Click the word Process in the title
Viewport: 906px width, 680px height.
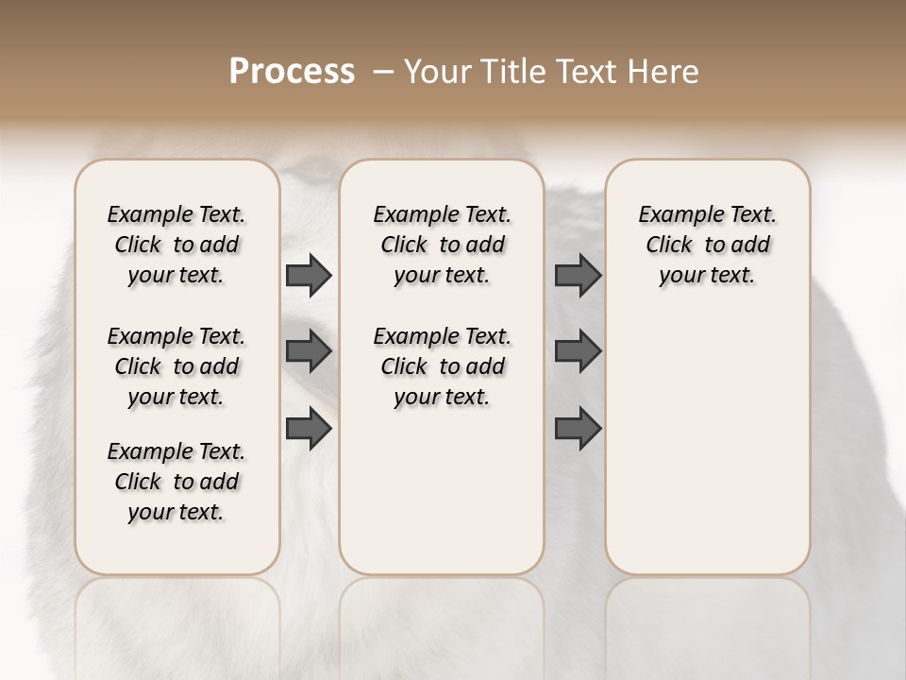point(292,72)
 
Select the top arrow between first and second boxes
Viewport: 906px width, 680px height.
point(309,275)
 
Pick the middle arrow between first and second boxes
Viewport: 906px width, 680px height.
point(309,351)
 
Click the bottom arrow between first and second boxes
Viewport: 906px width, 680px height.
point(309,429)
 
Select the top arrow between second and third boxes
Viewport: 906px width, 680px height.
point(578,275)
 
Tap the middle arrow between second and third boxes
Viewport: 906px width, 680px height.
point(578,351)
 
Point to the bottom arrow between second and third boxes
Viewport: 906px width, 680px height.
point(578,429)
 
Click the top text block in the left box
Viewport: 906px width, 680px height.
point(176,245)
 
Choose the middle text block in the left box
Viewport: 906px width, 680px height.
point(176,366)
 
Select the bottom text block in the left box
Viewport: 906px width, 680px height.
point(176,482)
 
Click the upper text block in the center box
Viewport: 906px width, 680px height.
point(442,245)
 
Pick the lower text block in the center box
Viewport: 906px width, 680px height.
point(442,366)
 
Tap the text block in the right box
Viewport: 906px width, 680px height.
point(708,245)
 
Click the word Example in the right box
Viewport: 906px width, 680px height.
point(672,215)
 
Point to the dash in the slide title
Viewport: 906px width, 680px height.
point(383,72)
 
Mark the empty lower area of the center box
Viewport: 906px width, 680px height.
point(442,491)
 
